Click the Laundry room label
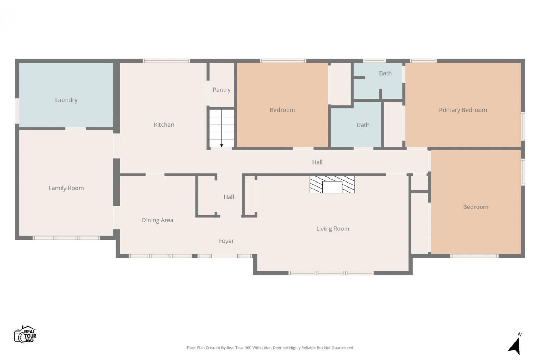click(66, 100)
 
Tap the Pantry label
click(221, 90)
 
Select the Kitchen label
click(164, 125)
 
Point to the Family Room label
click(66, 188)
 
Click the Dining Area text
click(157, 220)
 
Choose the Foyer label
click(226, 241)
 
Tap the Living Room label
click(333, 229)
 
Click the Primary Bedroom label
click(463, 110)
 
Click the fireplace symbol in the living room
click(332, 184)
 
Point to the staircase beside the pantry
click(221, 128)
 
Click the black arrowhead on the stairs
click(221, 146)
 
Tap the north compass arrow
click(514, 346)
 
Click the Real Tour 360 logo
click(25, 334)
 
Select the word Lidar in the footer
click(266, 348)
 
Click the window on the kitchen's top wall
click(166, 61)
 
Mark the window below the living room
click(331, 273)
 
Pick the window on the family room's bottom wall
click(66, 238)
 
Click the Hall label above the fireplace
click(317, 162)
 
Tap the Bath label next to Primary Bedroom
click(385, 73)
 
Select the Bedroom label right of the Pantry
click(282, 110)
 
